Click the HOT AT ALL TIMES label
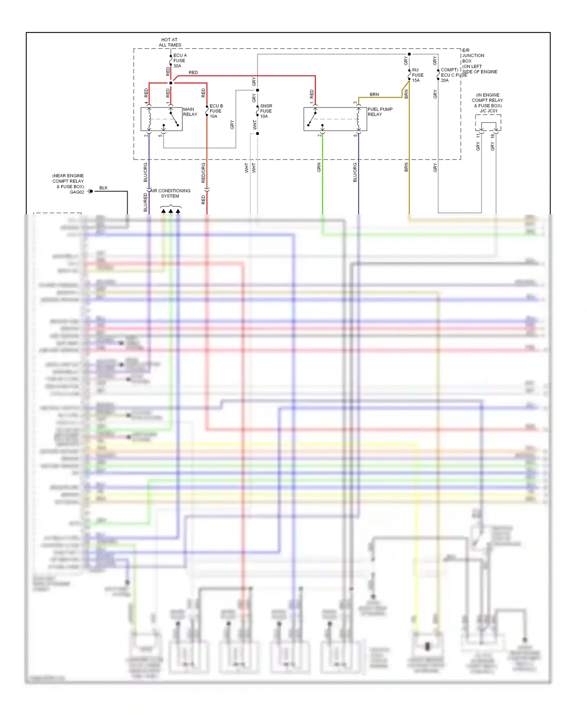[170, 42]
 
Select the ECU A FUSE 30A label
[180, 61]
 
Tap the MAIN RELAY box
[161, 119]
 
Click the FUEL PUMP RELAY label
[380, 112]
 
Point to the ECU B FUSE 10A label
[216, 111]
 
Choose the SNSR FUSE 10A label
[266, 111]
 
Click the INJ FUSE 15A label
[417, 75]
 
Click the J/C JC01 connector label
[488, 111]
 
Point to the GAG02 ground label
[77, 192]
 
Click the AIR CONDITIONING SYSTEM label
[170, 193]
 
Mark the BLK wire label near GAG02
[103, 188]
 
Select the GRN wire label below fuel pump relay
[319, 167]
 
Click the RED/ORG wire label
[203, 172]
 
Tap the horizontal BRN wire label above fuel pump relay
[374, 94]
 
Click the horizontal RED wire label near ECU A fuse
[193, 72]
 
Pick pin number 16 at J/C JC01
[492, 136]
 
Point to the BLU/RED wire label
[146, 203]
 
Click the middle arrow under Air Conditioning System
[171, 211]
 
